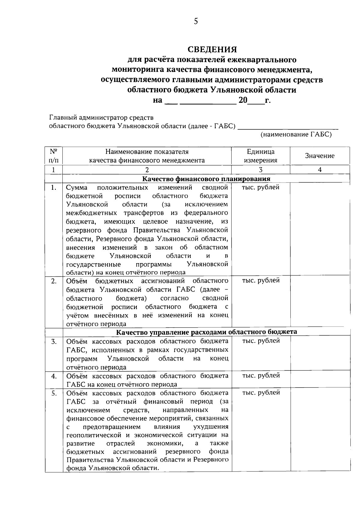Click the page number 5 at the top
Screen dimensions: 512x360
[x=196, y=21]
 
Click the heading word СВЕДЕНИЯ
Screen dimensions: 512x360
[x=212, y=49]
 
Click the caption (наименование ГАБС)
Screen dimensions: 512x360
[x=296, y=134]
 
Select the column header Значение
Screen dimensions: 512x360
[x=319, y=156]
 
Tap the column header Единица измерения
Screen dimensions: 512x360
[x=260, y=156]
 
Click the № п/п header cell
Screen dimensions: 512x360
[x=53, y=156]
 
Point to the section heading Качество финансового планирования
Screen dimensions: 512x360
[x=206, y=179]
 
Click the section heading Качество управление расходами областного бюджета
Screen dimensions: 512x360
[x=206, y=332]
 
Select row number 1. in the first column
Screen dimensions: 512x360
[x=53, y=188]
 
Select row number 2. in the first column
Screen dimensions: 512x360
[x=53, y=281]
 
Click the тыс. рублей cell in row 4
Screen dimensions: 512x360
[x=261, y=376]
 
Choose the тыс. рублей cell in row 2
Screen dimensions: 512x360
[x=261, y=281]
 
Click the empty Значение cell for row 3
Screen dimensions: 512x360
[x=319, y=353]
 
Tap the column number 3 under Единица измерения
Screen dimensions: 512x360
[x=260, y=170]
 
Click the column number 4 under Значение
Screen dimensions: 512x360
[x=319, y=170]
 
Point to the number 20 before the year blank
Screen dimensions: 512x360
[x=243, y=100]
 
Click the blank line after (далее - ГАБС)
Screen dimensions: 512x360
[x=288, y=127]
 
